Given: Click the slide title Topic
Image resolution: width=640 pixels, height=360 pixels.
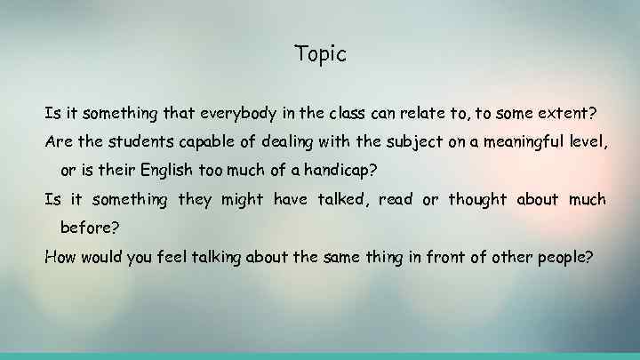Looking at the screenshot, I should pyautogui.click(x=320, y=54).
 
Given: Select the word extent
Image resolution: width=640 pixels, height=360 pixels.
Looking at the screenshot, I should pyautogui.click(x=566, y=113).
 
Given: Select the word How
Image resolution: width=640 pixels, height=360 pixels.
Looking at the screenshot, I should pyautogui.click(x=60, y=258).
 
